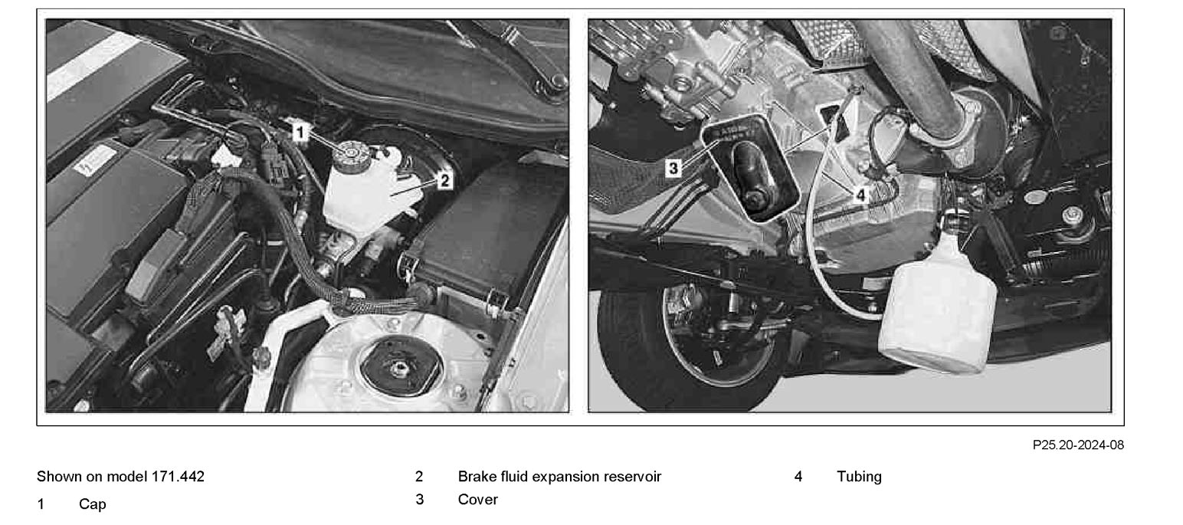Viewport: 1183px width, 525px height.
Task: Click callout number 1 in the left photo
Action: [x=300, y=132]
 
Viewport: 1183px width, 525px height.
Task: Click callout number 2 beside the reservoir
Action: [x=444, y=181]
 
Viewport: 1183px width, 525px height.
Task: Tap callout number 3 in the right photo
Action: [x=673, y=169]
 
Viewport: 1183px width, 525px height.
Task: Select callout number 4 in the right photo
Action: [x=860, y=195]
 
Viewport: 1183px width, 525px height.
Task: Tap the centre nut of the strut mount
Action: [x=397, y=368]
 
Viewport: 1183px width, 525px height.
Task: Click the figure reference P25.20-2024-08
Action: [x=1078, y=445]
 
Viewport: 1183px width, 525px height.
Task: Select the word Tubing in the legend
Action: [x=859, y=477]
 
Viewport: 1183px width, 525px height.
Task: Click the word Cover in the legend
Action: [x=477, y=500]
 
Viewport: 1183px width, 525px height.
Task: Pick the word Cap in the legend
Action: [x=93, y=504]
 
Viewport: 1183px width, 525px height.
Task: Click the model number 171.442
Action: [x=178, y=477]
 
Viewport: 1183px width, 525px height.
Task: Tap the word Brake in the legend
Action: [x=475, y=477]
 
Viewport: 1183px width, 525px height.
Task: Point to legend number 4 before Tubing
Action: [x=798, y=477]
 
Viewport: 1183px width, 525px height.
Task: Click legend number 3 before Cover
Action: [x=419, y=500]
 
